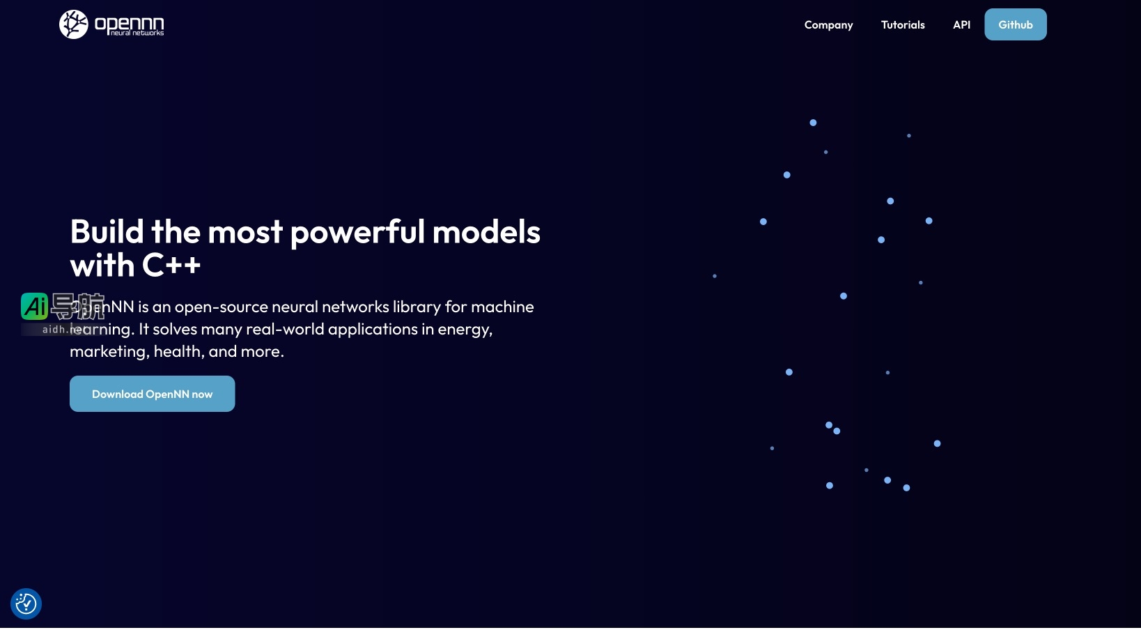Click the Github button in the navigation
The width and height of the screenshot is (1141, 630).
point(1015,24)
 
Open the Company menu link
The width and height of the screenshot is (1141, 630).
point(828,25)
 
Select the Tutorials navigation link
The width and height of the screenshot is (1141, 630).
point(903,25)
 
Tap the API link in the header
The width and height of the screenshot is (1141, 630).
point(961,25)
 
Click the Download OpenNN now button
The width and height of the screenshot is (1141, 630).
point(152,394)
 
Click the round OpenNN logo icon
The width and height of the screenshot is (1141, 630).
point(73,24)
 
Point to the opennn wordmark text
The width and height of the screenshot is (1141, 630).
point(130,24)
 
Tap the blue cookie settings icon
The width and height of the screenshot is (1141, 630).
point(26,604)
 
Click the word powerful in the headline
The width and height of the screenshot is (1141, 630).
point(357,233)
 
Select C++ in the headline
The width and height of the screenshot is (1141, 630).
point(171,266)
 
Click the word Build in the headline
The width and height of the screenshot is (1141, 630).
point(107,232)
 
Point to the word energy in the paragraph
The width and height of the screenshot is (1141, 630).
point(464,330)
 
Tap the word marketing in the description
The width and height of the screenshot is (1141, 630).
point(107,352)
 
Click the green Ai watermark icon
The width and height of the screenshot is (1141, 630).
point(34,306)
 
